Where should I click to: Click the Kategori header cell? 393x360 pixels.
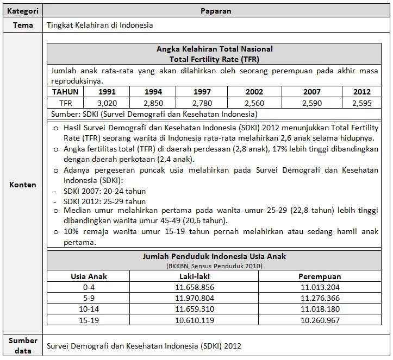point(22,10)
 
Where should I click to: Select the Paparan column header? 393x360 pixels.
point(216,10)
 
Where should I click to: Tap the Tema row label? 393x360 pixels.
point(22,25)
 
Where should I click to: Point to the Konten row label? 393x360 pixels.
point(22,185)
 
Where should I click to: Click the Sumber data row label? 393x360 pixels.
point(22,345)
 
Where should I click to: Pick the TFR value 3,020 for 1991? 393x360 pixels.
point(107,103)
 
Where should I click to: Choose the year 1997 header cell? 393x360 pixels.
point(202,92)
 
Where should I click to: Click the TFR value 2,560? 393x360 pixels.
point(254,103)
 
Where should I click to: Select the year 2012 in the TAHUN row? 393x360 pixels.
point(361,92)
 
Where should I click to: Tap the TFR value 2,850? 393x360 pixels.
point(153,103)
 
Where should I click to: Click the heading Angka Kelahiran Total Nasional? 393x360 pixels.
point(214,49)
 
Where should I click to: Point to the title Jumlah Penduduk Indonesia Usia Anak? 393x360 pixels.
point(214,256)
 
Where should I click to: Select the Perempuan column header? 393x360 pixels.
point(320,276)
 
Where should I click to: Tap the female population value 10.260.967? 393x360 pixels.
point(320,320)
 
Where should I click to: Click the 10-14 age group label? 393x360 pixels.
point(89,309)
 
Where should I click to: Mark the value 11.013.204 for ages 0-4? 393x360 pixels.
point(320,287)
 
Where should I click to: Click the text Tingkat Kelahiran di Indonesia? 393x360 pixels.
point(100,25)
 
